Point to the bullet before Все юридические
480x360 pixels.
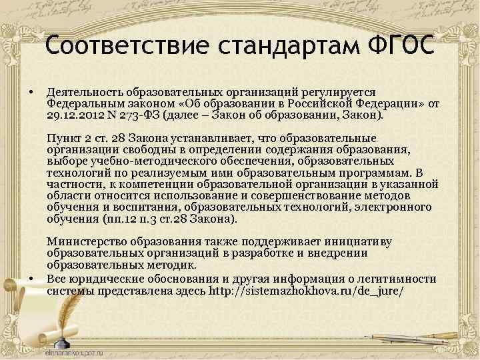pyautogui.click(x=31, y=278)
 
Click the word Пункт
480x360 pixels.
pyautogui.click(x=63, y=139)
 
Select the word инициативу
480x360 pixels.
pyautogui.click(x=360, y=241)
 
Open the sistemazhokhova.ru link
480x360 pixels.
pyautogui.click(x=306, y=291)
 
